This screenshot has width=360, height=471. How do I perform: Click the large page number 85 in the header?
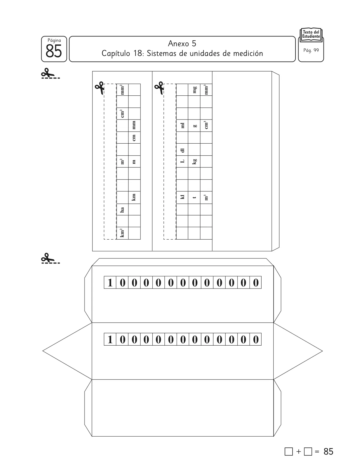(x=54, y=51)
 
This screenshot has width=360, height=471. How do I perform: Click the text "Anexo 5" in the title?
(x=182, y=44)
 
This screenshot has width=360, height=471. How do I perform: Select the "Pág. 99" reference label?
(x=311, y=50)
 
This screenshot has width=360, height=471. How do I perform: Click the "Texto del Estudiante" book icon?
(x=311, y=34)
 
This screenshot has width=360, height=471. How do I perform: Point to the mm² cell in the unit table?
(x=122, y=90)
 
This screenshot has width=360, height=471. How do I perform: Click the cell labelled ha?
(x=122, y=210)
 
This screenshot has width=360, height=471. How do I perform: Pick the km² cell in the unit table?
(x=122, y=233)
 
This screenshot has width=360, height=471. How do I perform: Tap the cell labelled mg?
(x=194, y=90)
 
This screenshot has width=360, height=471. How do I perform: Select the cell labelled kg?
(x=194, y=162)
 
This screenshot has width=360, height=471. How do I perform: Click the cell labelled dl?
(x=182, y=150)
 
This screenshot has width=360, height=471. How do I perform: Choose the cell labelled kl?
(x=182, y=198)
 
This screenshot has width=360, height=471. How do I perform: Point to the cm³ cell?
(x=206, y=125)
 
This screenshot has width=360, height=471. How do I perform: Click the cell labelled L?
(x=182, y=162)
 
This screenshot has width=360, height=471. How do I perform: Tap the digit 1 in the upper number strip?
(x=110, y=283)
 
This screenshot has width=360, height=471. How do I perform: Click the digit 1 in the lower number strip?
(x=110, y=339)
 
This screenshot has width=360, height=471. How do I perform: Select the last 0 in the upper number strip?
(x=256, y=283)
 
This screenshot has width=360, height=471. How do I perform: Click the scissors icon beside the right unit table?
(x=159, y=88)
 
